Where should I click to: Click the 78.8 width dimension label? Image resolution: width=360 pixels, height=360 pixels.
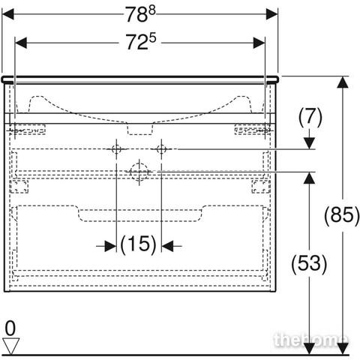tap(140, 14)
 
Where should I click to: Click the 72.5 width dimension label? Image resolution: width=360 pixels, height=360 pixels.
tap(140, 41)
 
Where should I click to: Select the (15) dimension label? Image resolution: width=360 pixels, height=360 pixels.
tap(138, 244)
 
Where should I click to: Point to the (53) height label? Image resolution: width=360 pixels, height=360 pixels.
tap(309, 263)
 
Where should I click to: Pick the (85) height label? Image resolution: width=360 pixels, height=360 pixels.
tap(342, 215)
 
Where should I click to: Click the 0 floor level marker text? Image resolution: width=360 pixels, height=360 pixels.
tap(10, 328)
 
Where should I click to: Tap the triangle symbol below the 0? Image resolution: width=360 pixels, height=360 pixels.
tap(11, 346)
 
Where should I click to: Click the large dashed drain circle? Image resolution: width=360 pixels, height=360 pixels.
tap(139, 172)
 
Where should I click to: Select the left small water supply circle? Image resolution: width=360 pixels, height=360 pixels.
tap(116, 149)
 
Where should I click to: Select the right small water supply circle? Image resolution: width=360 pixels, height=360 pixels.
tap(161, 149)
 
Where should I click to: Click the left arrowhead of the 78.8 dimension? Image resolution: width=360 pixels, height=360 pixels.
tap(8, 14)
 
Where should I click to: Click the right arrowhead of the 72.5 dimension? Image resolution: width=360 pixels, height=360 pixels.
tap(259, 43)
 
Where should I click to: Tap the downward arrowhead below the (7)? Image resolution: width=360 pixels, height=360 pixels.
tap(310, 143)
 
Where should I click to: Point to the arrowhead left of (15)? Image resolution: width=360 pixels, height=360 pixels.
tap(110, 246)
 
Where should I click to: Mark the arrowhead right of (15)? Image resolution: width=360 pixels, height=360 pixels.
tap(167, 246)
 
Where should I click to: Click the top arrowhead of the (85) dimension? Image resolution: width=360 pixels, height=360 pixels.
tap(343, 82)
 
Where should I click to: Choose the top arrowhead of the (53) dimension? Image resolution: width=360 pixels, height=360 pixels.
tap(310, 178)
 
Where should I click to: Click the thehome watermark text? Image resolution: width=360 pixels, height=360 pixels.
tap(310, 340)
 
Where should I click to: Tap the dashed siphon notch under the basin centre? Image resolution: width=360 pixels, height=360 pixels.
tap(140, 129)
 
